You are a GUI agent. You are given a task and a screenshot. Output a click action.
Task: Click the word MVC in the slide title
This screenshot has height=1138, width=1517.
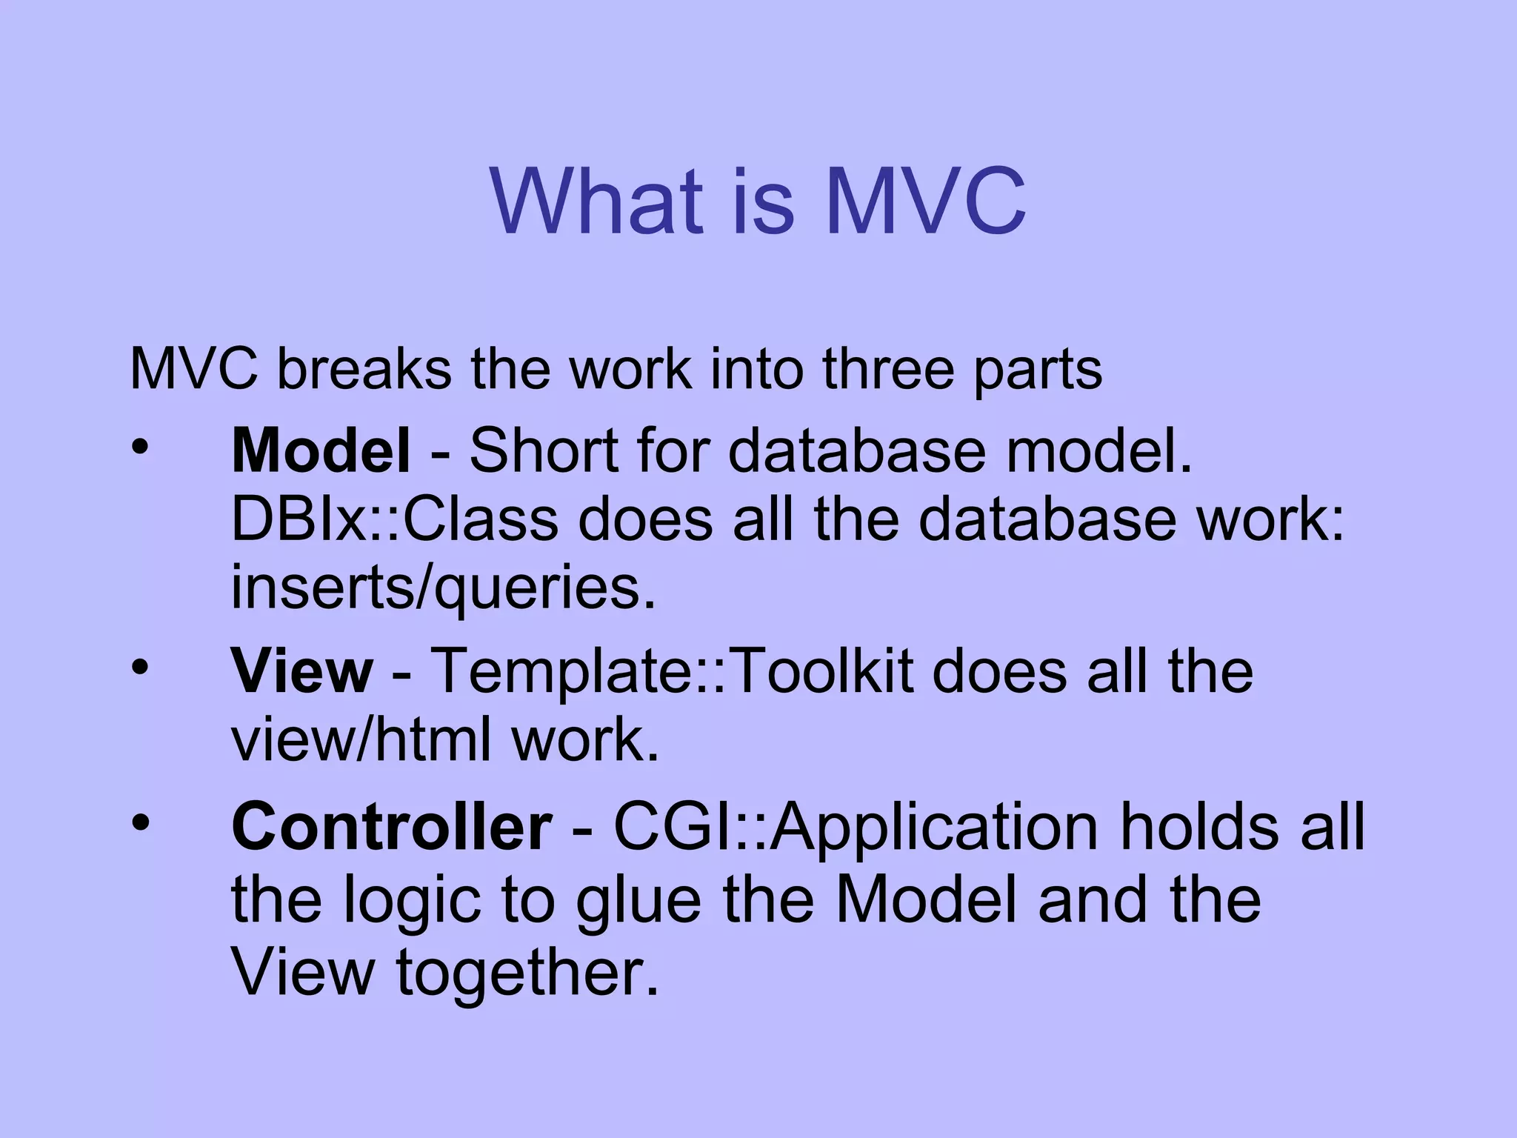925,201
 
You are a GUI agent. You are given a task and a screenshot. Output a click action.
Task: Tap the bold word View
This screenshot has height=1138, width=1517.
302,671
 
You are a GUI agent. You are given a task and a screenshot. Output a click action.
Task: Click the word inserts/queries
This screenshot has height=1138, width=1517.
444,588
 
